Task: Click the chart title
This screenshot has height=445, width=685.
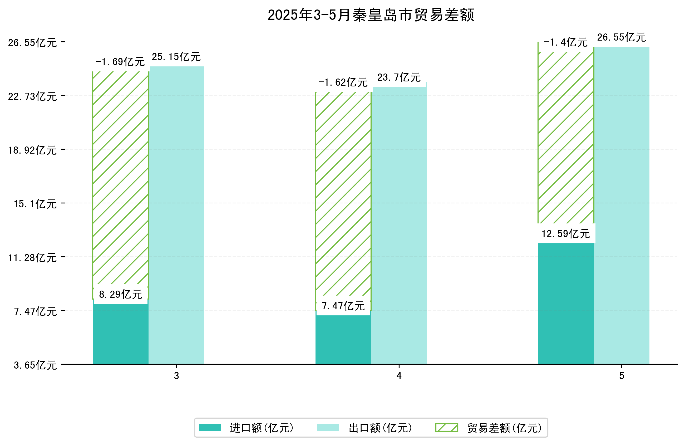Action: pyautogui.click(x=371, y=15)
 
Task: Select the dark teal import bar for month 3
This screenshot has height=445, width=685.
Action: pyautogui.click(x=120, y=334)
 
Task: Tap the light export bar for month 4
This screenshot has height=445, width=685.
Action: pyautogui.click(x=399, y=225)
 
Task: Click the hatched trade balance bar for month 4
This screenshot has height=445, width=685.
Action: pyautogui.click(x=343, y=193)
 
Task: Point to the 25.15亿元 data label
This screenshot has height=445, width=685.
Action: pyautogui.click(x=176, y=57)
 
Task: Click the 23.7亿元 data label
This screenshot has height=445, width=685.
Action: pyautogui.click(x=399, y=77)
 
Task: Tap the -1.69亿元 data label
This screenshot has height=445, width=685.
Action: pyautogui.click(x=120, y=62)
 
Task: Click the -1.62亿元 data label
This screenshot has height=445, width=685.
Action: pyautogui.click(x=343, y=82)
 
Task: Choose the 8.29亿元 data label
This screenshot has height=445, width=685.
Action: pyautogui.click(x=121, y=294)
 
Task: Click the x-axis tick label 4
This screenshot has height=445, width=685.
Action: pyautogui.click(x=399, y=376)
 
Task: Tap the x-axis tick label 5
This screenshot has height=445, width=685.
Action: pyautogui.click(x=622, y=376)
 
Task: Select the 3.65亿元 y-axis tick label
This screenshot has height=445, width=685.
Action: pyautogui.click(x=35, y=365)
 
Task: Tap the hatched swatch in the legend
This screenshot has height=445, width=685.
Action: pyautogui.click(x=446, y=427)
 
